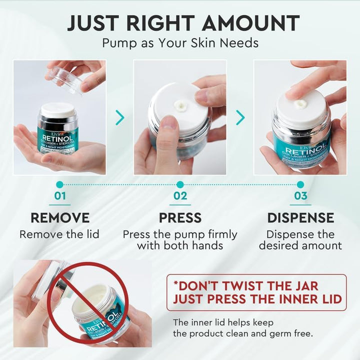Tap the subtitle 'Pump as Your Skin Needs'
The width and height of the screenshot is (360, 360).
[180, 43]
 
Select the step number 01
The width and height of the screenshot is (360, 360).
[59, 195]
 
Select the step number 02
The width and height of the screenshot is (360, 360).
[180, 195]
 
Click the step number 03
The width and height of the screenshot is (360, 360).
[300, 195]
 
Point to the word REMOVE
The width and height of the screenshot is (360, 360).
[60, 218]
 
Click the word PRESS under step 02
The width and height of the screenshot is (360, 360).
[180, 218]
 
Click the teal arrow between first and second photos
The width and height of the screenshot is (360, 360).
[120, 117]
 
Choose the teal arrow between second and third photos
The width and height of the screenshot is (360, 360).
[240, 117]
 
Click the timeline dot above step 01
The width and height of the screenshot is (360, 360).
[59, 184]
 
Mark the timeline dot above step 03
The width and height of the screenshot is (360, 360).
[300, 184]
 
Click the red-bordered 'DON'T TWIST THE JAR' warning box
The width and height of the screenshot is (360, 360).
[256, 292]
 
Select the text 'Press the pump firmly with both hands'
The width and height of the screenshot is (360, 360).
[180, 240]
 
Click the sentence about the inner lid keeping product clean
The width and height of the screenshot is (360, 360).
[242, 328]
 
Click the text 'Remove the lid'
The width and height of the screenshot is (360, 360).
[59, 234]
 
